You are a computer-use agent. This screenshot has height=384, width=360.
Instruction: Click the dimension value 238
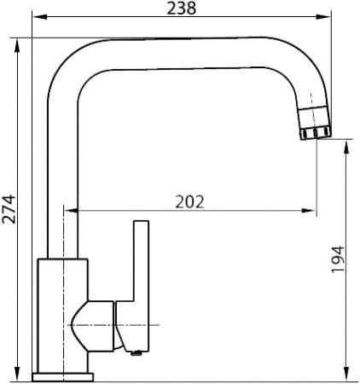pyautogui.click(x=183, y=9)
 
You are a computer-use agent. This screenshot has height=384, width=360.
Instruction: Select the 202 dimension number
pyautogui.click(x=189, y=201)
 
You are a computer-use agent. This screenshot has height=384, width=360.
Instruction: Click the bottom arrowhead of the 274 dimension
pyautogui.click(x=19, y=375)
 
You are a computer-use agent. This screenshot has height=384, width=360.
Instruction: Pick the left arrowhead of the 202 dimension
pyautogui.click(x=82, y=212)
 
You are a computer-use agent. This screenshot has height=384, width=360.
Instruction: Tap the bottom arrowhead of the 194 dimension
pyautogui.click(x=347, y=375)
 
